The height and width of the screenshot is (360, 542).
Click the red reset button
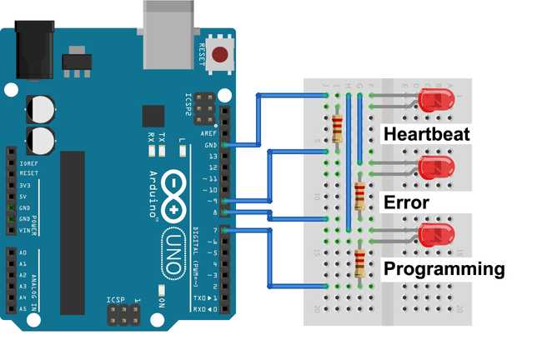point(220,56)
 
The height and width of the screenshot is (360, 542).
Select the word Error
point(405,202)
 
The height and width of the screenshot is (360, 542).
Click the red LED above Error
point(435,167)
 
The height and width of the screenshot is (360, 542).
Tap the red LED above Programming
point(436,236)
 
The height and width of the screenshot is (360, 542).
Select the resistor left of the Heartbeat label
point(337,129)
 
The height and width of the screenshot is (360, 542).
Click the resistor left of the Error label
point(359,196)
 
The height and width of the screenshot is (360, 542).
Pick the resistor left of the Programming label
point(359,262)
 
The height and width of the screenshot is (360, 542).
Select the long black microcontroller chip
point(73,221)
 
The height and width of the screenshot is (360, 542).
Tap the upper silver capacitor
point(41,108)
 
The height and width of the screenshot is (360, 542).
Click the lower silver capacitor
point(41,138)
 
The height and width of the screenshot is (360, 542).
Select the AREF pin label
point(209,132)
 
